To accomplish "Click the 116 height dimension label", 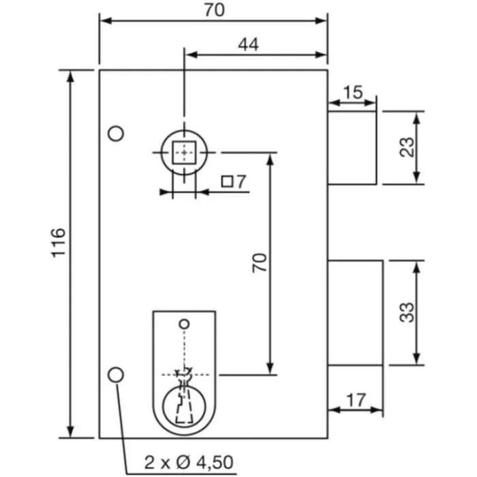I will pos(58,242).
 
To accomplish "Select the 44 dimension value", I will pos(249,45).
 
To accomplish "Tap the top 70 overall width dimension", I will pos(213,10).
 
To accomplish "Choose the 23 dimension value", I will pos(407,147).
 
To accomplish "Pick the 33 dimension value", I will pos(407,312).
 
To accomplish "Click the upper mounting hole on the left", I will pos(117,134).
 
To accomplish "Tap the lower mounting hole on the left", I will pos(117,373).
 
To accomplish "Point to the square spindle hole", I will pos(184,153).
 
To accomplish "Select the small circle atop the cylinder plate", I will pos(183,322).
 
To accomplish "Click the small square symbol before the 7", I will pos(228,182).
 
